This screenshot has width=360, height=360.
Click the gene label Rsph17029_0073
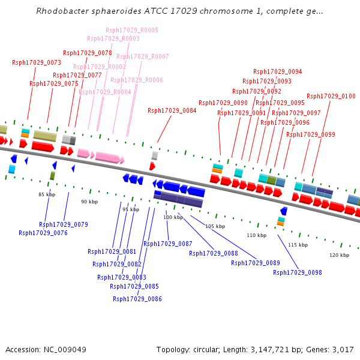[37, 62]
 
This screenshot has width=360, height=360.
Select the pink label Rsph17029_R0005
[132, 30]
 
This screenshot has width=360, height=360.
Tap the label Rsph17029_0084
[172, 110]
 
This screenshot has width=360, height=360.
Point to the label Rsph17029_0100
[331, 96]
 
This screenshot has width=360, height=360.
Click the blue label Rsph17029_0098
[298, 272]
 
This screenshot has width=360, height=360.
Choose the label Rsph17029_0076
[43, 233]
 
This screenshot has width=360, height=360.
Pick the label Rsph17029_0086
[137, 299]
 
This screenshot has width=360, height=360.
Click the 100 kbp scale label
[173, 217]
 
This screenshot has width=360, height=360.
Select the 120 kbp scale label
[339, 255]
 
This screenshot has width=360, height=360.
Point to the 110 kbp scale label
[256, 235]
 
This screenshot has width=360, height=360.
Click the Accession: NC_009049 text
[46, 349]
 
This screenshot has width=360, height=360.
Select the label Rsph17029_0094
[278, 71]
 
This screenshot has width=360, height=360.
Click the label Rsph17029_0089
[256, 263]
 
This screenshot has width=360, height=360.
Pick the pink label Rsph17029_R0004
[105, 92]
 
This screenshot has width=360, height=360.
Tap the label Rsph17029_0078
[88, 53]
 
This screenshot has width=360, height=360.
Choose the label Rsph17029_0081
[112, 251]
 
